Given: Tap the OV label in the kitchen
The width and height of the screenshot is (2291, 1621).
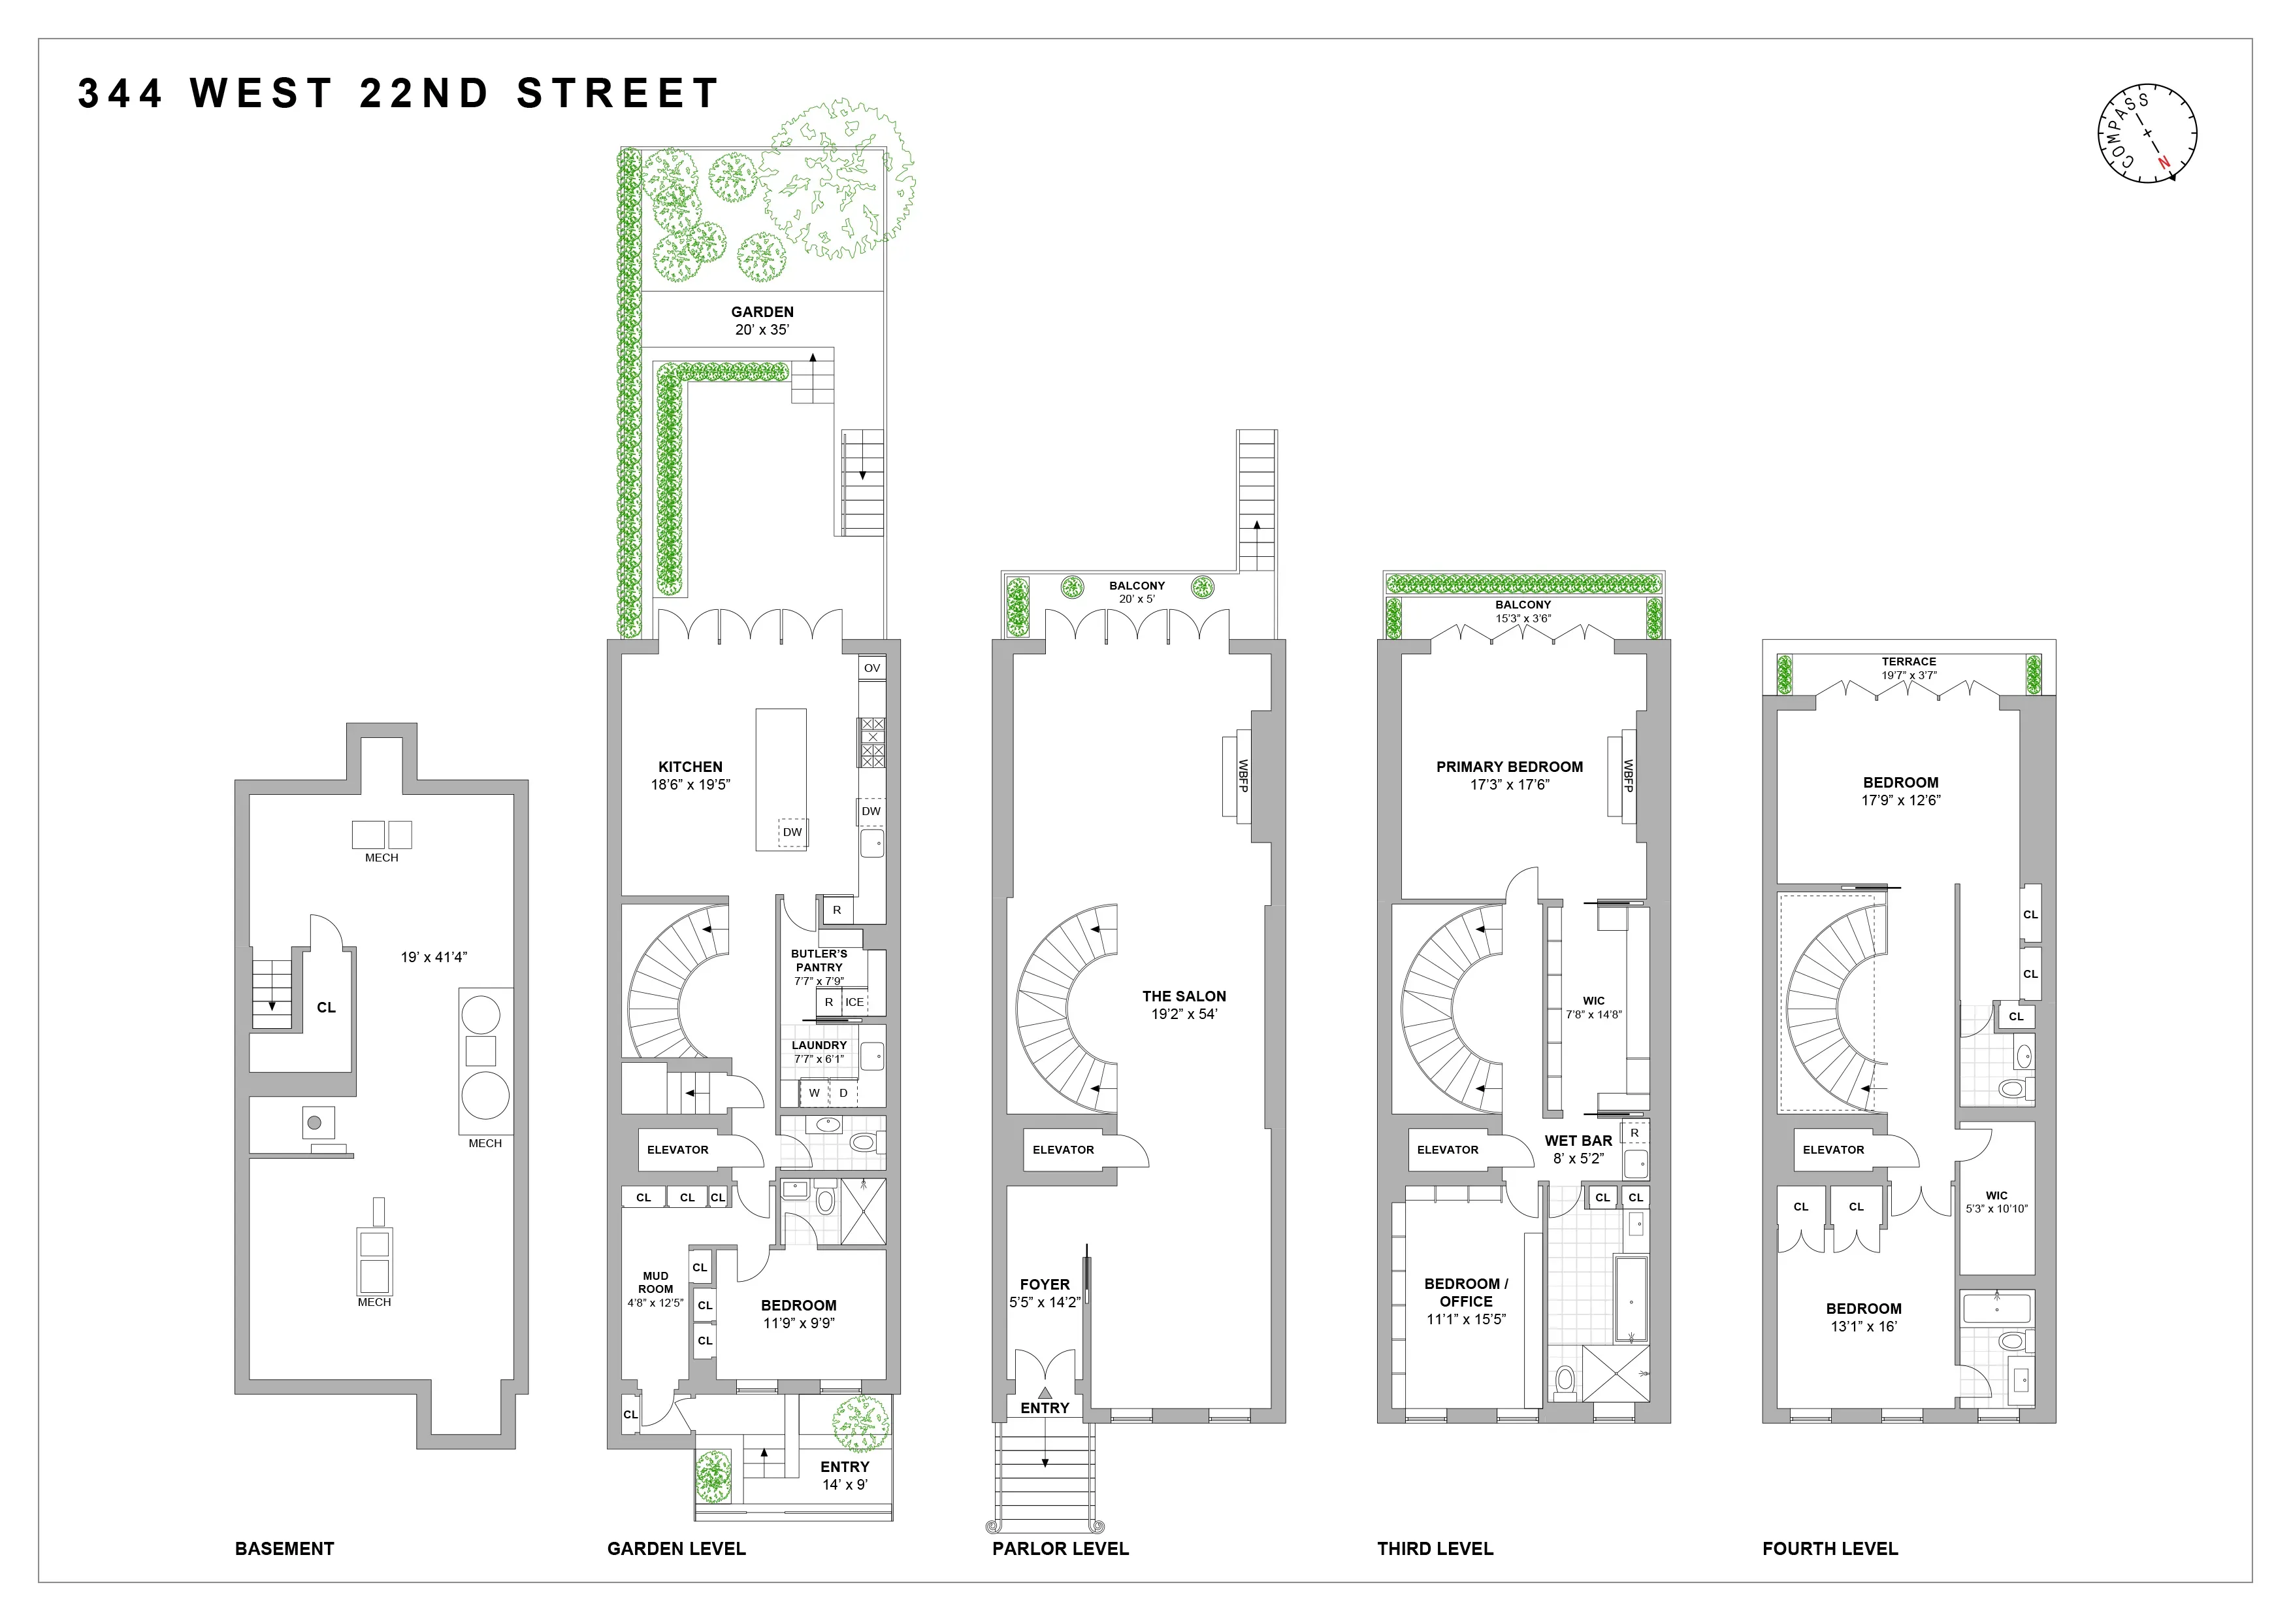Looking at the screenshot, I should click(872, 668).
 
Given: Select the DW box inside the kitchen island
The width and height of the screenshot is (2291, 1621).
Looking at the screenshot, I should click(792, 831).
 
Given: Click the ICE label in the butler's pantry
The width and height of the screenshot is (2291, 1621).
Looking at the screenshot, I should click(855, 1002).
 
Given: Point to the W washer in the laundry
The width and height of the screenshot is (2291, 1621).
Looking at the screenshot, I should click(814, 1093).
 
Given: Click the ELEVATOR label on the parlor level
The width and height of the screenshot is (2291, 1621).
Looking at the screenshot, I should click(1063, 1150).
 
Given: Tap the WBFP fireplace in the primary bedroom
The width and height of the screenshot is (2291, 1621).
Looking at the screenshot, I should click(1627, 776).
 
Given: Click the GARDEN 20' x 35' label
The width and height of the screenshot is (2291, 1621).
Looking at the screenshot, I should click(762, 320).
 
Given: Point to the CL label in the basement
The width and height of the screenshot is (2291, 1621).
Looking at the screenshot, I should click(326, 1007).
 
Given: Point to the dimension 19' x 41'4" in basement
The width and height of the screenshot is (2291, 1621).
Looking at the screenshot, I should click(434, 957).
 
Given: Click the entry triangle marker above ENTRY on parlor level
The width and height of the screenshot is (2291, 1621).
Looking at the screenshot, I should click(1045, 1392).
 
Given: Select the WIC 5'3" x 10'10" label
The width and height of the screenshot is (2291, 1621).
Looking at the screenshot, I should click(1996, 1202).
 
